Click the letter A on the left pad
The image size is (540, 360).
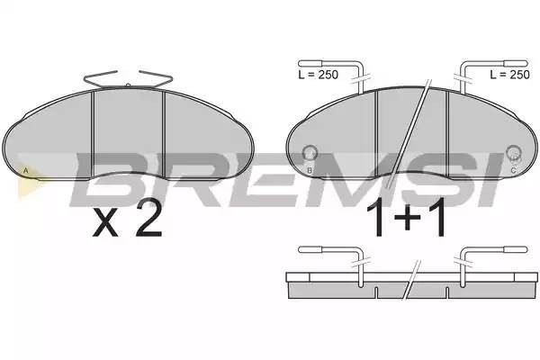click(x=25, y=170)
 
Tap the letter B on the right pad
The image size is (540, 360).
click(x=310, y=170)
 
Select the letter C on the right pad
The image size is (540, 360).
click(x=513, y=170)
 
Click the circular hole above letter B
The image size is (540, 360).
click(x=310, y=152)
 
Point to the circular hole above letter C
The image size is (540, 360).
click(x=514, y=152)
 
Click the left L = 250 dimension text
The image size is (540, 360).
click(x=319, y=75)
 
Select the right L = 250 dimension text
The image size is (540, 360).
click(x=510, y=75)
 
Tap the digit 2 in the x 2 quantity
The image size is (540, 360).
click(x=148, y=219)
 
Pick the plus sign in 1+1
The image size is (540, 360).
click(x=407, y=218)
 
